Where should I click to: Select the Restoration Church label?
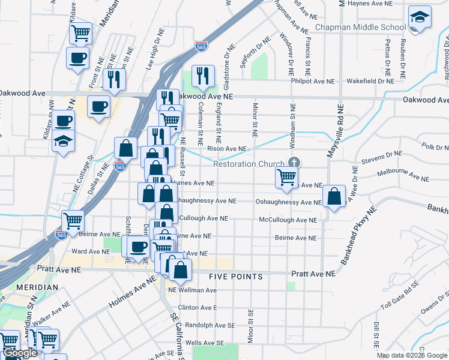coord(250,164)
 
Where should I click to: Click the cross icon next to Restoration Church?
coord(294,163)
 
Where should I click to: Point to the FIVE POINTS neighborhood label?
coord(236,277)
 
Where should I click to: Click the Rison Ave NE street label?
coord(226,148)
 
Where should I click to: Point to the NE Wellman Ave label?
coord(192,290)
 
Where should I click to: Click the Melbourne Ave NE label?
coord(403,175)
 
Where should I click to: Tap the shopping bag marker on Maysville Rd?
coord(334,196)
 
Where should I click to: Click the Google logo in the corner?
coord(20,353)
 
